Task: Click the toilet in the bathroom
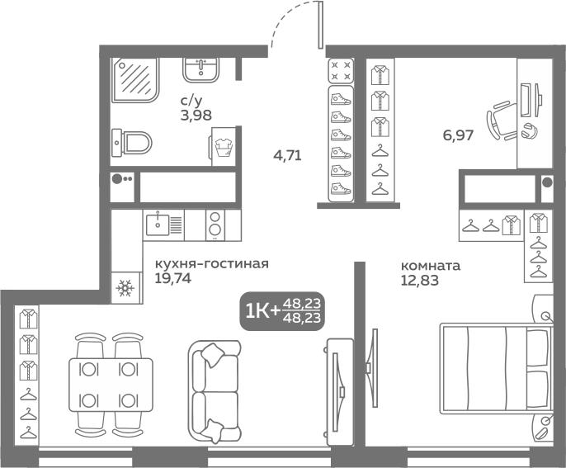[x=131, y=143]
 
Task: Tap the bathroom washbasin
[x=200, y=69]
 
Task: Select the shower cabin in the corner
[x=134, y=80]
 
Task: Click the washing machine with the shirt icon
[x=224, y=147]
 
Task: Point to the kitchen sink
[x=164, y=225]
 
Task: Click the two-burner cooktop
[x=215, y=225]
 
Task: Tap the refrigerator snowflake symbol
[x=125, y=289]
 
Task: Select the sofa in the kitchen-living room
[x=214, y=391]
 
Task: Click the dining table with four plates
[x=111, y=385]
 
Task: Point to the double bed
[x=497, y=368]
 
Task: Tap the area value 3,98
[x=196, y=116]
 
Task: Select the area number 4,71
[x=287, y=156]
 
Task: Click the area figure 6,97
[x=458, y=135]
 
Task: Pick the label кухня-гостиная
[x=212, y=264]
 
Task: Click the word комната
[x=431, y=266]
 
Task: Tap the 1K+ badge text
[x=262, y=311]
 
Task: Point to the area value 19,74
[x=173, y=278]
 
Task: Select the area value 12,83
[x=420, y=281]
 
